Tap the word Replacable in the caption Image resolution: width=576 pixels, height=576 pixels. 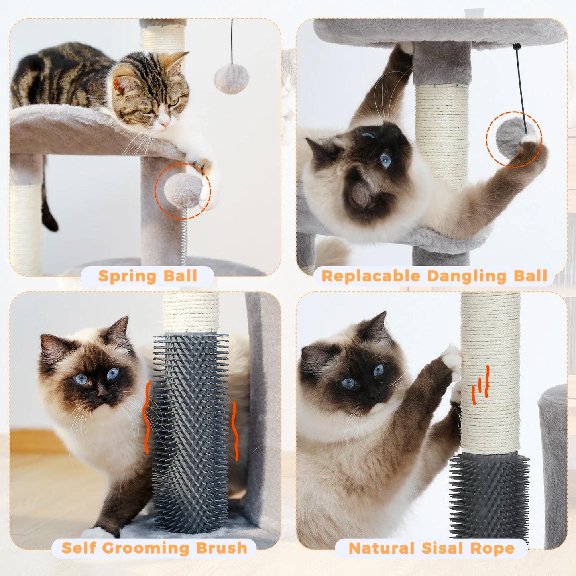pos(371,276)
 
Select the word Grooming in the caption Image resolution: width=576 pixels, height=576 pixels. pos(145,548)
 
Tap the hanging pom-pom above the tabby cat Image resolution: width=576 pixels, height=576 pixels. pos(231,79)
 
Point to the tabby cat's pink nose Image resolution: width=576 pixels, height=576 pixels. pos(163,124)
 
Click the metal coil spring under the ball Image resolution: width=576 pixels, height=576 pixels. pos(184,235)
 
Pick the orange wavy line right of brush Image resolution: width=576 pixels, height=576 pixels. pos(235,431)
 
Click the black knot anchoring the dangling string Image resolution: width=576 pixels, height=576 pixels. pos(517,47)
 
